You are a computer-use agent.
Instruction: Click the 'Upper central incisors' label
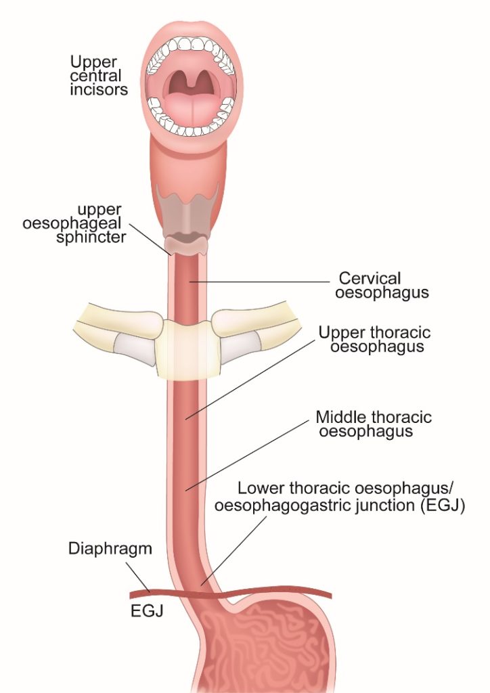[99, 76]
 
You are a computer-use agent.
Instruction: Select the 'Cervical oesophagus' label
[382, 285]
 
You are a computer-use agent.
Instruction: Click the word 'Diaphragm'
[110, 548]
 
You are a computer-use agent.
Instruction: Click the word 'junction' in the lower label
[381, 505]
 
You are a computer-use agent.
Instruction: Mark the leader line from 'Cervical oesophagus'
[259, 282]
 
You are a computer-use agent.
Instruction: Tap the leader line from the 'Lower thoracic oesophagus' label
[233, 551]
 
